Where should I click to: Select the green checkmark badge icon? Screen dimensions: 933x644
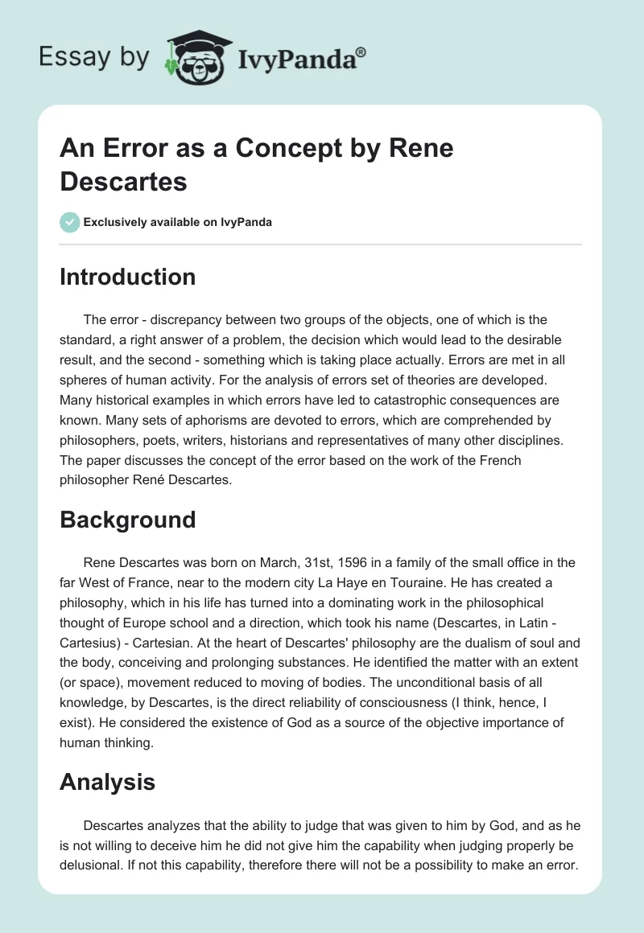pyautogui.click(x=70, y=222)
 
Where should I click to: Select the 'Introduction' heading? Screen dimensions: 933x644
pyautogui.click(x=127, y=277)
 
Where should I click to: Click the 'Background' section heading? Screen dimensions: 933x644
pyautogui.click(x=127, y=520)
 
